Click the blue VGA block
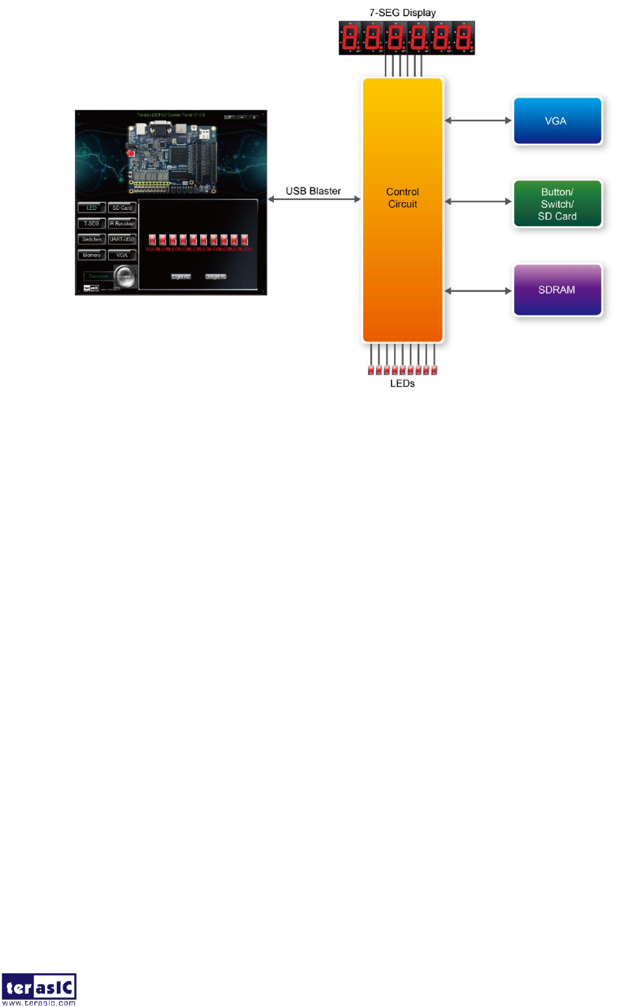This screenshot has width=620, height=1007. point(558,121)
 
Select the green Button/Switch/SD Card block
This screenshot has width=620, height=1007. point(558,204)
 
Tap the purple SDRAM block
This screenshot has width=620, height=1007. point(558,290)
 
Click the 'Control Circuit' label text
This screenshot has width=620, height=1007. point(402,198)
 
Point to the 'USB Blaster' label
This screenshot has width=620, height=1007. point(313,191)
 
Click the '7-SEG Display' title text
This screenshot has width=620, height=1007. point(402,13)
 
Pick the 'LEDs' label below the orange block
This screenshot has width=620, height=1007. point(402,384)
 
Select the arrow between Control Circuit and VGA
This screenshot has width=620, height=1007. point(478,121)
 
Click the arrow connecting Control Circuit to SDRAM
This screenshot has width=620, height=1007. point(478,291)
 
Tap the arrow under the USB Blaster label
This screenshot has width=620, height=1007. point(314,200)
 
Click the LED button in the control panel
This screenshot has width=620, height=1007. point(92,208)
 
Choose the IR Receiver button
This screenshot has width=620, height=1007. point(122,224)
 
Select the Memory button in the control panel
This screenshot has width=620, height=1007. point(92,255)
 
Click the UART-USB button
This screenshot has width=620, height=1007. point(122,239)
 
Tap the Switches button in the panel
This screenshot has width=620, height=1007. point(92,239)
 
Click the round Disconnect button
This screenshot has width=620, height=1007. point(125,276)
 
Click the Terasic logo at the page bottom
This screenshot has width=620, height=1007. point(39,989)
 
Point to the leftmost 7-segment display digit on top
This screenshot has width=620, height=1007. point(350,37)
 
